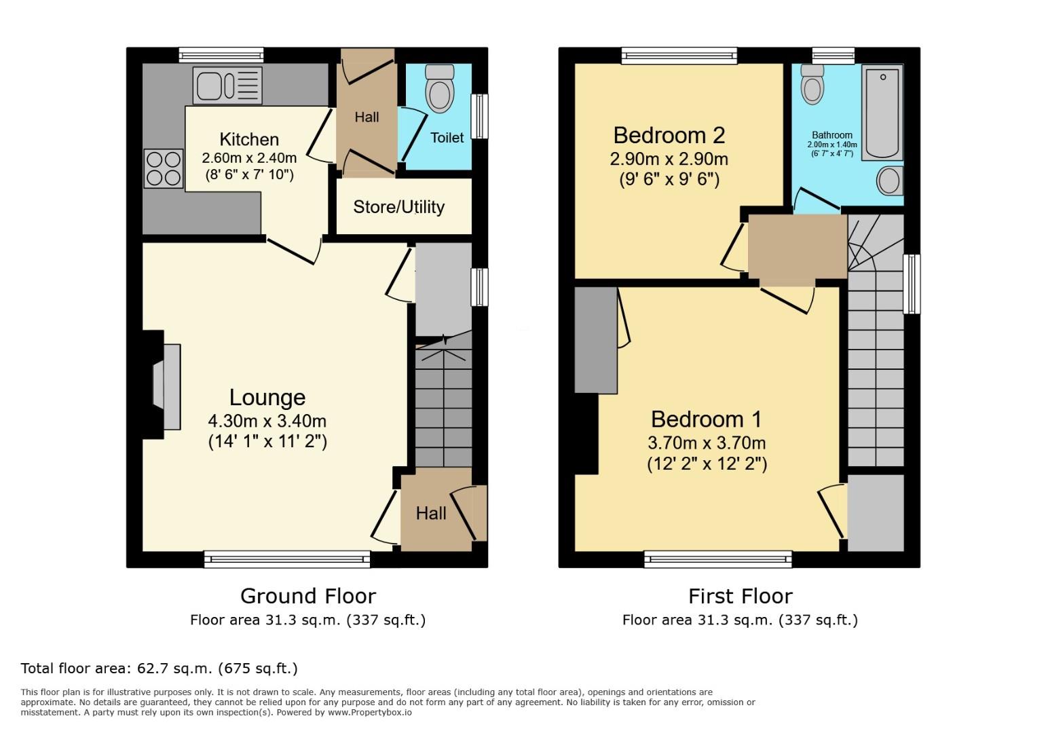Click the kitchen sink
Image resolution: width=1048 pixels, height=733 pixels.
(227, 86)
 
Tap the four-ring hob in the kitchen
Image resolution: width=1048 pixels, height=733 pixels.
(164, 168)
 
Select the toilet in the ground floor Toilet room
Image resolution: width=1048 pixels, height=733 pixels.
(439, 89)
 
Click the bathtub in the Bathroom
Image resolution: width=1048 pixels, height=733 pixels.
(882, 112)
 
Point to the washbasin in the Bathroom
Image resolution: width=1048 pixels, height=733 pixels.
(889, 181)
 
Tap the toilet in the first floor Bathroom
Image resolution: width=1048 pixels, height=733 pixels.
(812, 84)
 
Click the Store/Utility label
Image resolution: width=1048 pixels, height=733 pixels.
(398, 207)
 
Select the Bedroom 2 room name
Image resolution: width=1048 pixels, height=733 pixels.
(669, 135)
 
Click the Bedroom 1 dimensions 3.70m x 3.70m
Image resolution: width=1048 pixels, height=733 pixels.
(707, 443)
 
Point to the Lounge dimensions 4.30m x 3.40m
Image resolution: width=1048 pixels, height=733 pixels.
(267, 421)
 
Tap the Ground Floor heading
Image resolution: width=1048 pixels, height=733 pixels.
(307, 596)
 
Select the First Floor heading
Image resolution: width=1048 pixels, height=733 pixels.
(740, 596)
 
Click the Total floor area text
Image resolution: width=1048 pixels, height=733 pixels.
(160, 669)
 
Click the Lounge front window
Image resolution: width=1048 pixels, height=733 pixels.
(287, 559)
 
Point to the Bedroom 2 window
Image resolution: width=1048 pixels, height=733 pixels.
(679, 56)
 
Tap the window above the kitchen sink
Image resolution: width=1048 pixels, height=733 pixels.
(221, 55)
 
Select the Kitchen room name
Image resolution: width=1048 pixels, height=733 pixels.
(249, 139)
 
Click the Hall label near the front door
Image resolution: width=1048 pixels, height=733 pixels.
(431, 513)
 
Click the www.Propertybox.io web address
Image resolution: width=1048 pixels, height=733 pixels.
(371, 713)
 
